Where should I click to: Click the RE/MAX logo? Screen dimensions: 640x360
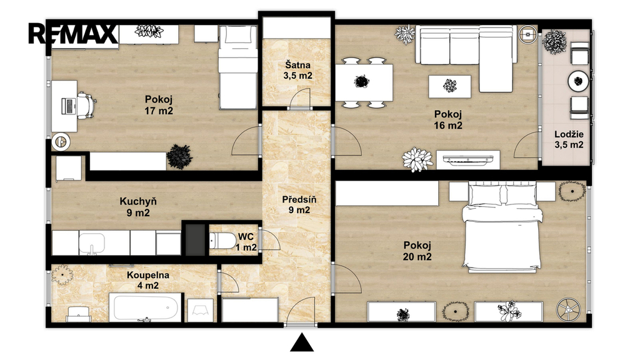tap(73, 34)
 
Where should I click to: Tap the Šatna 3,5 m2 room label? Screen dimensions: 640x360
tap(297, 70)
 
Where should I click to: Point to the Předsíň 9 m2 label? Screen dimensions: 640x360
tap(299, 205)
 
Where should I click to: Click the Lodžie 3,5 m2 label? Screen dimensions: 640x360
tap(569, 139)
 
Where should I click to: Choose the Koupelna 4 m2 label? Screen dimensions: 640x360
tap(147, 280)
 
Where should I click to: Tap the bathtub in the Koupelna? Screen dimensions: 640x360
tap(145, 307)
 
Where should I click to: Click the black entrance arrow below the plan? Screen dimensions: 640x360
tap(302, 342)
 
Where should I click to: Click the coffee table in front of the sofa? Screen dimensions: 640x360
tap(449, 86)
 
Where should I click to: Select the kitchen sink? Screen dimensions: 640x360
tap(91, 243)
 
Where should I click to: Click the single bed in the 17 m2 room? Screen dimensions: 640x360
tap(237, 67)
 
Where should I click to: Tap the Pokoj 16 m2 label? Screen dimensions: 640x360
tap(447, 119)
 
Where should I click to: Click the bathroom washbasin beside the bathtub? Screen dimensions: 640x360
tap(200, 310)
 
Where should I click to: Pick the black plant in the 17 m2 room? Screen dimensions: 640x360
tap(179, 156)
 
